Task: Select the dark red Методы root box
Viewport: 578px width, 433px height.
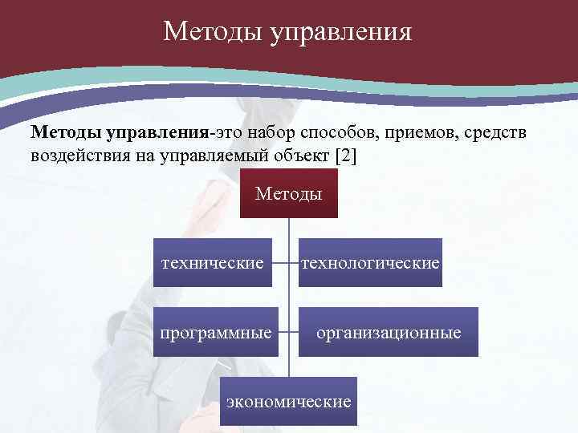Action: pyautogui.click(x=289, y=194)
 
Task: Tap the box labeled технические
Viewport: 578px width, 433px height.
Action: pyautogui.click(x=213, y=262)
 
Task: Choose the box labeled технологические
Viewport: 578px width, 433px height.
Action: pyautogui.click(x=370, y=262)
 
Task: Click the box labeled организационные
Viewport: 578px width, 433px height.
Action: pyautogui.click(x=389, y=331)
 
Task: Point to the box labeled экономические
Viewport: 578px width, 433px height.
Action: pyautogui.click(x=289, y=400)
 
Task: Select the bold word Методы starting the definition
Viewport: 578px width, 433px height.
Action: pyautogui.click(x=65, y=132)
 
